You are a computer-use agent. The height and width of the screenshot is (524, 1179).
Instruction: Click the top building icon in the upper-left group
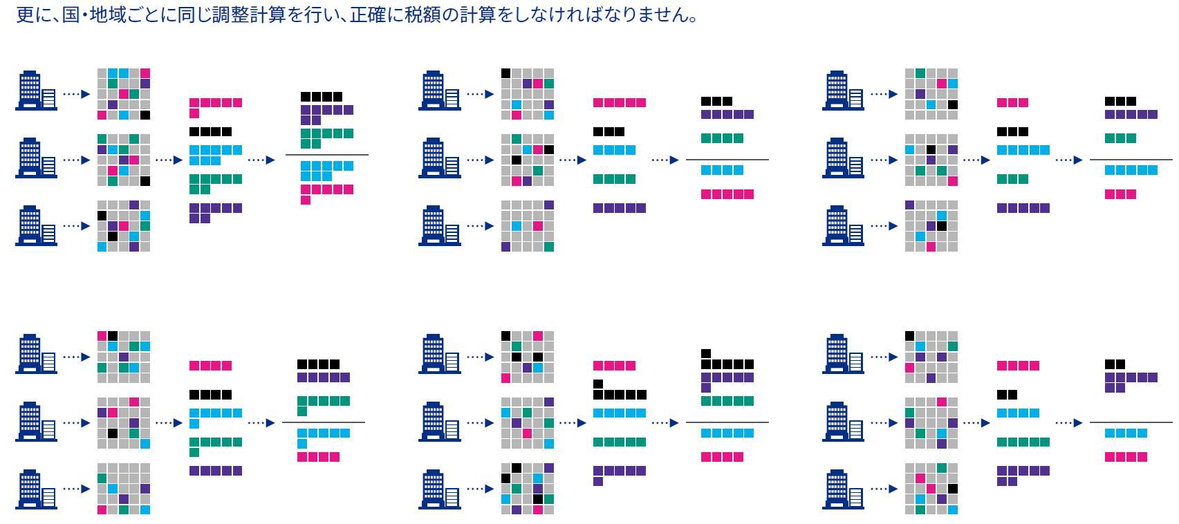click(36, 90)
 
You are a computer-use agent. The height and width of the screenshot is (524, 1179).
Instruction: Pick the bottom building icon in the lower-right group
click(844, 489)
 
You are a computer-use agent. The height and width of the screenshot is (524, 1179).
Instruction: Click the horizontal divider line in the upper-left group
click(326, 155)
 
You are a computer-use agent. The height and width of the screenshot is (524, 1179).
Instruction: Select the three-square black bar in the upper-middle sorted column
click(609, 131)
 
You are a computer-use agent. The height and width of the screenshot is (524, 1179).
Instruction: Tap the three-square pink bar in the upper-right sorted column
click(1012, 103)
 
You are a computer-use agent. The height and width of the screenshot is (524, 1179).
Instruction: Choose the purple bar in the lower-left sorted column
click(216, 471)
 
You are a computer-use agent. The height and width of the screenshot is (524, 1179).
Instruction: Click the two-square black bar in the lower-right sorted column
click(1007, 395)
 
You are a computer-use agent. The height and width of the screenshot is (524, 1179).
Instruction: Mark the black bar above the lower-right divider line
click(1115, 364)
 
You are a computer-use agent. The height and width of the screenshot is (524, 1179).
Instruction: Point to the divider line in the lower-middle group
click(727, 422)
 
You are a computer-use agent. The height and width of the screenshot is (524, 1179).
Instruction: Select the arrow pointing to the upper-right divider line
click(1068, 160)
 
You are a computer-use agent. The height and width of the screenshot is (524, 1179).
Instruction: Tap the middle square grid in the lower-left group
click(123, 422)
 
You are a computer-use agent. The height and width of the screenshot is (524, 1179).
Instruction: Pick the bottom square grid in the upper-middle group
click(528, 226)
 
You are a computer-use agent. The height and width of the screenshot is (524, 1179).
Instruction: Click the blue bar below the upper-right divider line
click(1131, 170)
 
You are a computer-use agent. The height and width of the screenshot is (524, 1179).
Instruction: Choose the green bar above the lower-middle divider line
click(727, 401)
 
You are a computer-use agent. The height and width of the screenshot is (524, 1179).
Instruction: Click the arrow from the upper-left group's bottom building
click(76, 226)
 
